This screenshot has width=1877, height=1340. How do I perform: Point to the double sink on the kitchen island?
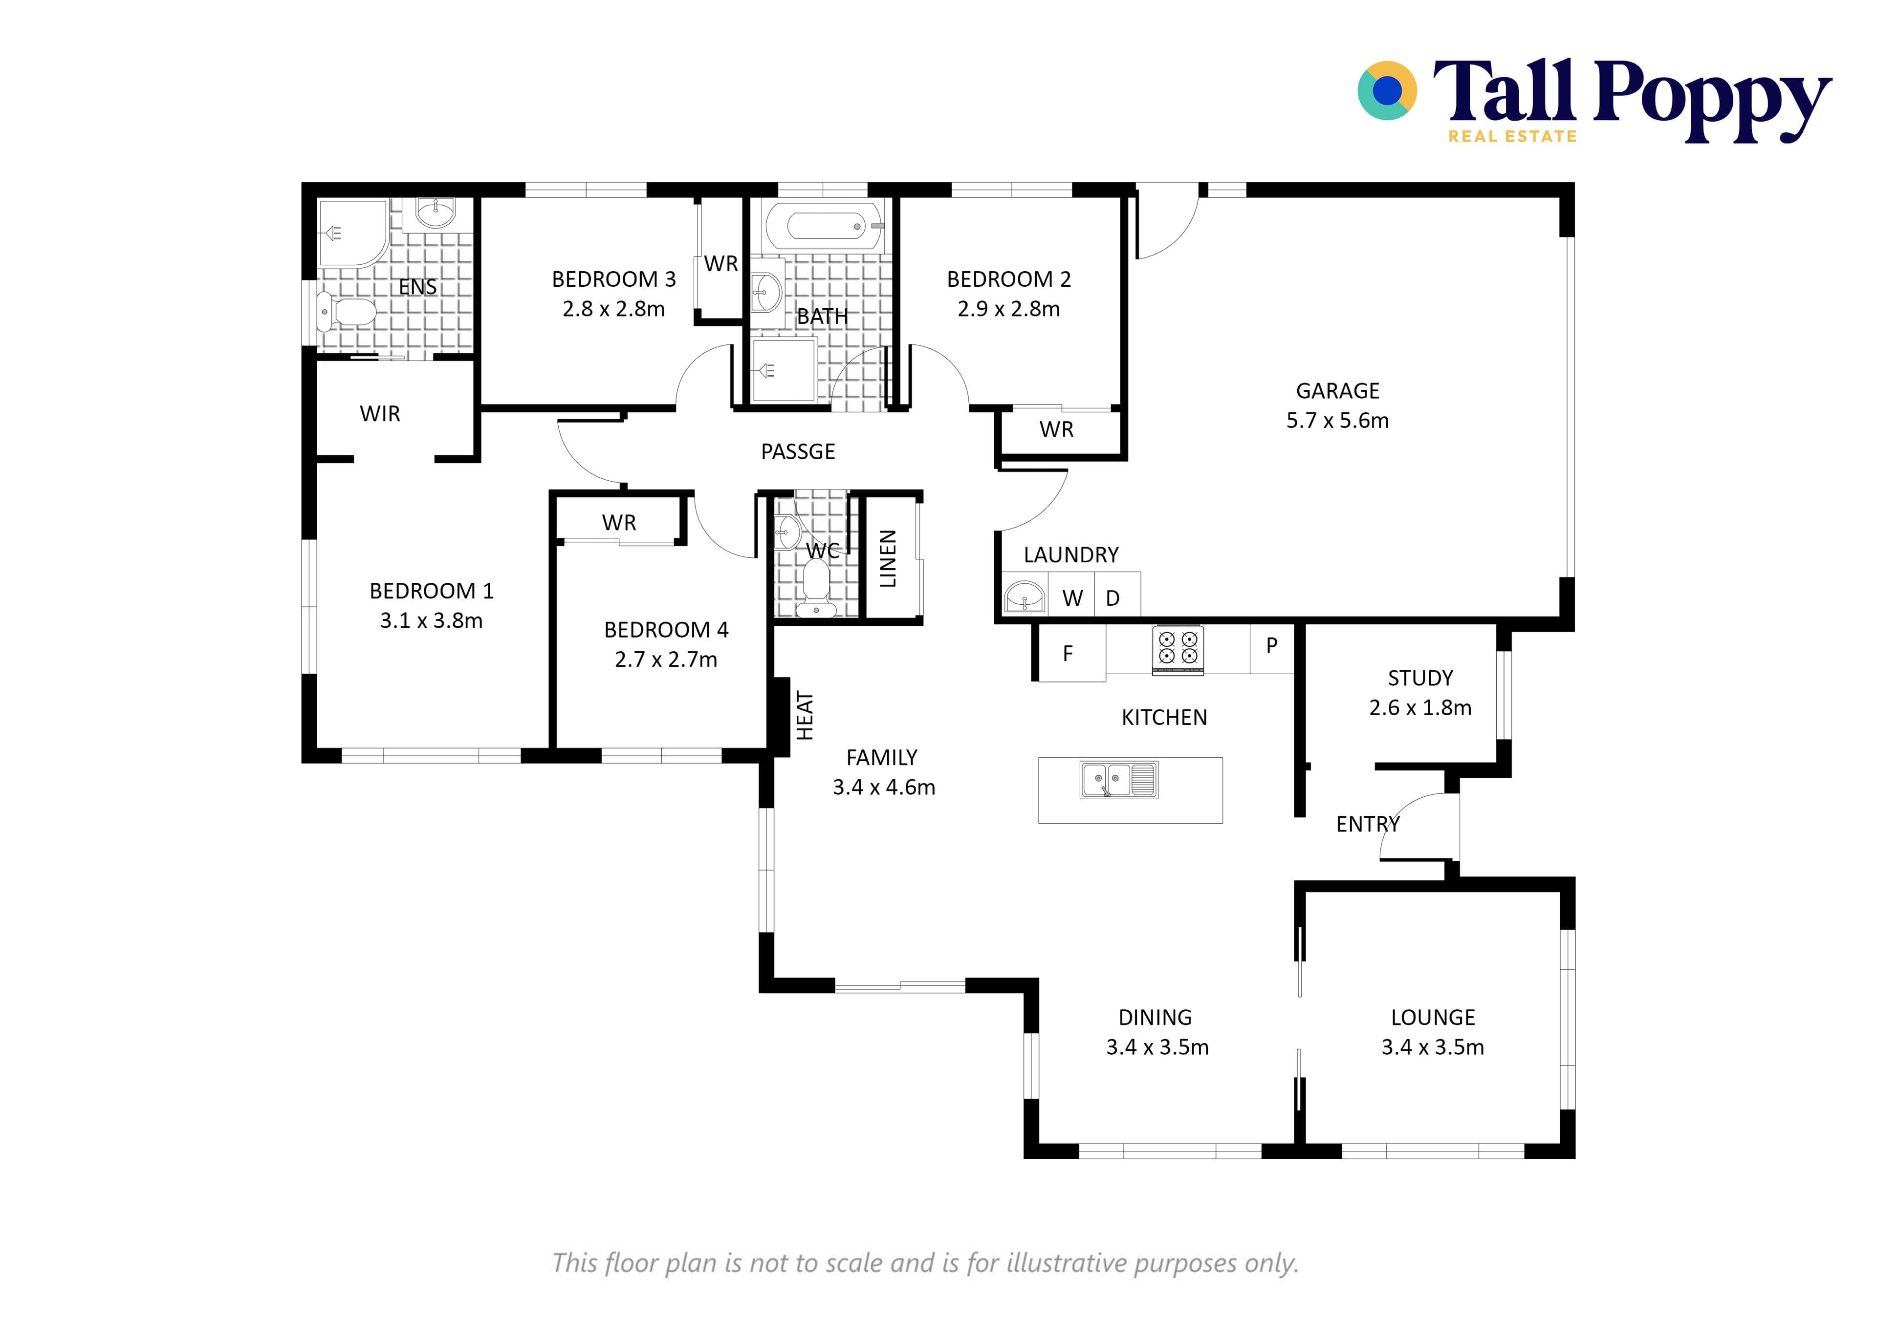[1119, 780]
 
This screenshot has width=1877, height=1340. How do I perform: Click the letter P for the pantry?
[1271, 645]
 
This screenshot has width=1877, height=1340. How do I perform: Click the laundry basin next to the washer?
[1025, 596]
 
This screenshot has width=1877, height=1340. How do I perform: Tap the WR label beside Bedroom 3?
[720, 264]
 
